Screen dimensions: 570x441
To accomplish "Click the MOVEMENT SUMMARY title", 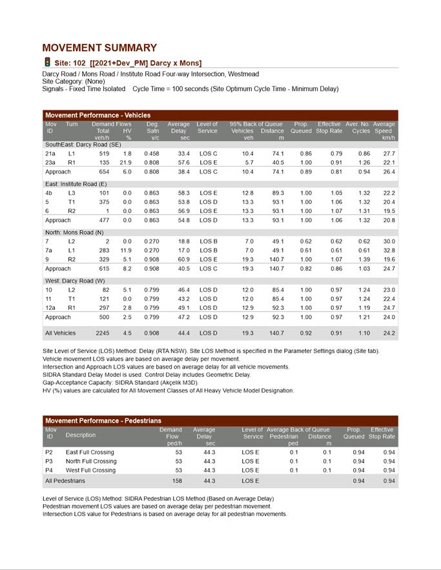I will click(99, 48).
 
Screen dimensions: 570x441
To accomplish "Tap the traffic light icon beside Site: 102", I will click(47, 62).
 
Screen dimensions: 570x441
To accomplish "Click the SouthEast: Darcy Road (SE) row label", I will click(83, 145).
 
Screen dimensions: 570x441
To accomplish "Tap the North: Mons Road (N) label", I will click(72, 232).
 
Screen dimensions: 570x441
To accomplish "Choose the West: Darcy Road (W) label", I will click(74, 281).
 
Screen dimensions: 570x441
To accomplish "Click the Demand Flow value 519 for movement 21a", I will click(104, 154).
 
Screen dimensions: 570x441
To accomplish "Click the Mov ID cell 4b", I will click(49, 193).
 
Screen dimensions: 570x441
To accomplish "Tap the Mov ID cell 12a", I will click(50, 308).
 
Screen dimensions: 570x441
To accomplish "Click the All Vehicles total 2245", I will click(102, 333).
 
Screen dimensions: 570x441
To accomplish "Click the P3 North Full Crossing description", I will click(91, 462).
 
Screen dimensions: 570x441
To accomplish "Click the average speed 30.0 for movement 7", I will click(388, 241).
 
